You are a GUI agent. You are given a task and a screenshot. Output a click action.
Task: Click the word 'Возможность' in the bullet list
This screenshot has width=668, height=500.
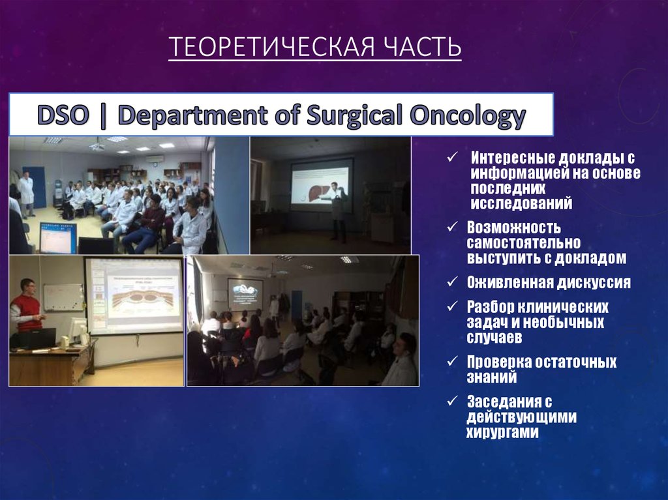click(514, 228)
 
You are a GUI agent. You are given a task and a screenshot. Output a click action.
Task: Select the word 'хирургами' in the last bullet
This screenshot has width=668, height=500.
click(502, 433)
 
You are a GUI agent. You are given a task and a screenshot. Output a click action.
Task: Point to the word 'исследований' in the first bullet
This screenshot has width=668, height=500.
click(521, 204)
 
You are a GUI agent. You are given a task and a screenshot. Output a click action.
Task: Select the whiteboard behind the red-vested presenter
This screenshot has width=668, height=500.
click(63, 297)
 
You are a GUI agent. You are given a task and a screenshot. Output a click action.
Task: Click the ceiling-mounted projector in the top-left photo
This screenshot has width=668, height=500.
click(97, 146)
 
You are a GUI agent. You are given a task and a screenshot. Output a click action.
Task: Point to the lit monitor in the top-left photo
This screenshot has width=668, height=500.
click(57, 237)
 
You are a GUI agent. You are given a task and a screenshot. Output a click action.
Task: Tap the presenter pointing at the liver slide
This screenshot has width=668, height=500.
click(337, 209)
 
